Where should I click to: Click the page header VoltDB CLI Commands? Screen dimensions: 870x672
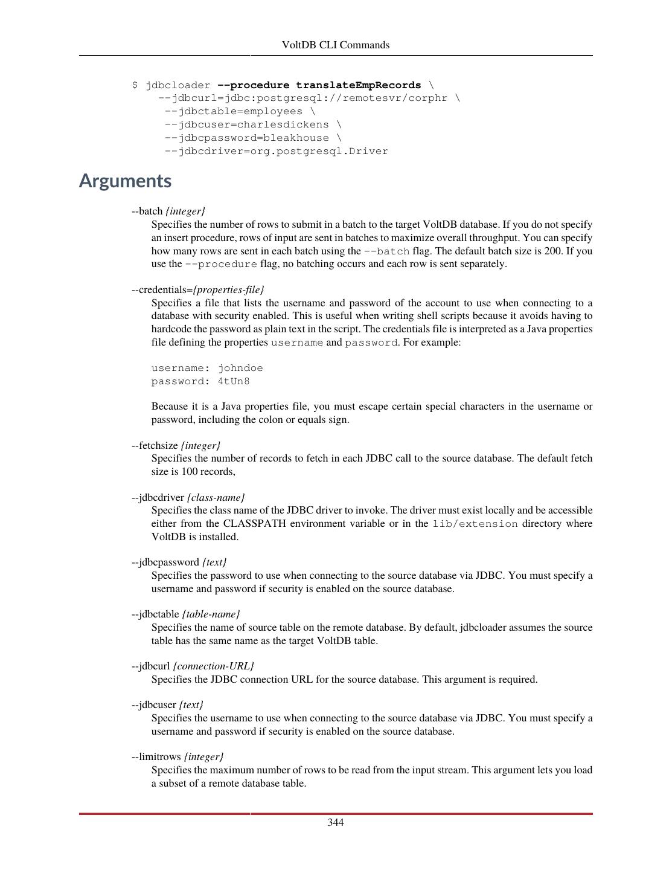pyautogui.click(x=336, y=45)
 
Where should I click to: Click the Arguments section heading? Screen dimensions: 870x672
pyautogui.click(x=125, y=181)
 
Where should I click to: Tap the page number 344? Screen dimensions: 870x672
pyautogui.click(x=336, y=822)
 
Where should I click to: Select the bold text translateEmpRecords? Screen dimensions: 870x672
pyautogui.click(x=358, y=85)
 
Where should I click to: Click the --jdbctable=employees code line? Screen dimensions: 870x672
pyautogui.click(x=239, y=111)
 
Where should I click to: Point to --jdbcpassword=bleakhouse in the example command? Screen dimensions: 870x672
pyautogui.click(x=252, y=138)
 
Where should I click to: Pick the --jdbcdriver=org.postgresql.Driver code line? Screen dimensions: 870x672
pyautogui.click(x=276, y=151)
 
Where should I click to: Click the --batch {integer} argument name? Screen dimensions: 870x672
pyautogui.click(x=168, y=211)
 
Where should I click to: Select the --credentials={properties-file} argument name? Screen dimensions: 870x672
pyautogui.click(x=198, y=289)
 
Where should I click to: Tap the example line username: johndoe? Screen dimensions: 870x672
pyautogui.click(x=207, y=368)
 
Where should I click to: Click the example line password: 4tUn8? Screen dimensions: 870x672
pyautogui.click(x=200, y=381)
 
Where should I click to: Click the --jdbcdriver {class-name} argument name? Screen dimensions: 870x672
pyautogui.click(x=188, y=497)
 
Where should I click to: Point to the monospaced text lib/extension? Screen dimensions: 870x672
pyautogui.click(x=475, y=524)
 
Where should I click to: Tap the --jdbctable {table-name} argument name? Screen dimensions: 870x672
pyautogui.click(x=186, y=614)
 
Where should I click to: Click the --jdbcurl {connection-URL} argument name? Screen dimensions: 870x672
pyautogui.click(x=193, y=666)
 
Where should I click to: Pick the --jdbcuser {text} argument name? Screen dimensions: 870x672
pyautogui.click(x=167, y=704)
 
